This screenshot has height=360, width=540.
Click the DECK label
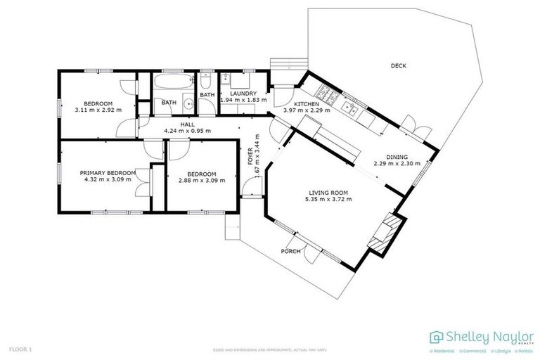(x=399, y=66)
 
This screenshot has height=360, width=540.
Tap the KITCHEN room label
(x=307, y=103)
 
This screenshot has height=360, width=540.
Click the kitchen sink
(x=350, y=108)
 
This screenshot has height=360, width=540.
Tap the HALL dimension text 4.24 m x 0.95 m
(x=187, y=131)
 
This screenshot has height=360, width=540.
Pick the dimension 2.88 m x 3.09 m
(x=201, y=180)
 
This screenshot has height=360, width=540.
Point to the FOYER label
(x=250, y=155)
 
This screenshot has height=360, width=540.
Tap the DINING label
(x=397, y=157)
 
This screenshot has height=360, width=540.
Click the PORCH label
(x=290, y=251)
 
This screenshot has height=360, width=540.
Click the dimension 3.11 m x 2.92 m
(x=98, y=110)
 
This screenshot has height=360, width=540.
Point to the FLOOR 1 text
(x=20, y=349)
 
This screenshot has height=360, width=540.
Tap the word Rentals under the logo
(x=525, y=350)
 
